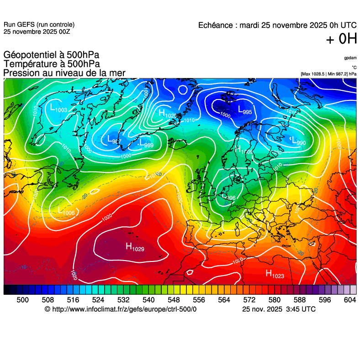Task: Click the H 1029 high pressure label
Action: click(x=135, y=247)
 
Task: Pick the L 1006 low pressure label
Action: click(x=66, y=211)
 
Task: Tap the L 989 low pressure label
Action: click(x=146, y=143)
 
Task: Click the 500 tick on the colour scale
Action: click(x=22, y=300)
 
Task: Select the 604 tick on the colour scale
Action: click(x=349, y=300)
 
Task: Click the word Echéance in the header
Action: click(x=216, y=26)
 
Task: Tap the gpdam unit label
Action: click(x=350, y=58)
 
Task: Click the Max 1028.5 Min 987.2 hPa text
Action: click(x=328, y=73)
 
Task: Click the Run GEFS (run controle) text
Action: click(x=39, y=25)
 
